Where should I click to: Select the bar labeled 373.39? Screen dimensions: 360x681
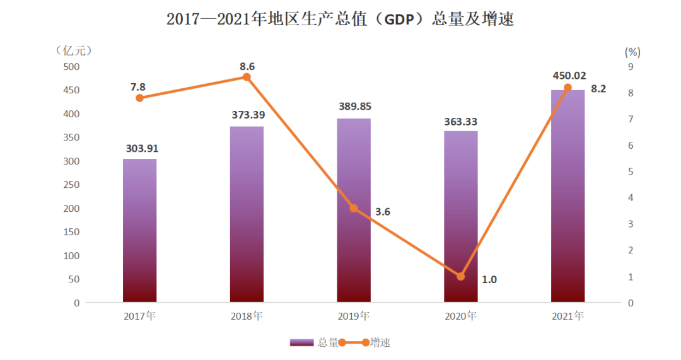coord(247,214)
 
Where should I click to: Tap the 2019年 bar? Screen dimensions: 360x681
coord(354,252)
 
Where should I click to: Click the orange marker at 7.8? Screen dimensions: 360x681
coord(139,98)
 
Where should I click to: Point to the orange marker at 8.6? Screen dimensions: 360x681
coord(247,77)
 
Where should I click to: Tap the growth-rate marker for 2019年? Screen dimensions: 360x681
coord(354,208)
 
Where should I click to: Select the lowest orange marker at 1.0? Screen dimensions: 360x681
coord(460,276)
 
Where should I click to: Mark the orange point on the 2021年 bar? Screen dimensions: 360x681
coord(567,88)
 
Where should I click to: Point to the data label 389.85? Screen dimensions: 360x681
coord(354,106)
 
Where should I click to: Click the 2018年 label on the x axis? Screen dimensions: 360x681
coord(247,316)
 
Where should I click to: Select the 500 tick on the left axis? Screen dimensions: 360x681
coord(71,67)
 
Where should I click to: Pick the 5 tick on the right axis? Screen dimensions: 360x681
coord(630,171)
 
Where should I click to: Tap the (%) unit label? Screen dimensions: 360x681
coord(632,50)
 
